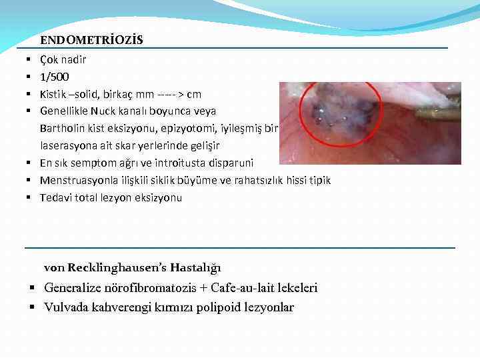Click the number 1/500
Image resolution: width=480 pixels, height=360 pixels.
click(54, 77)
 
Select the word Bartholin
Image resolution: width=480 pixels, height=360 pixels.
click(63, 128)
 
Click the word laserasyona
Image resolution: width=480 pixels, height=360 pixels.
click(69, 145)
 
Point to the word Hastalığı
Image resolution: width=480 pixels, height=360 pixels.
click(195, 268)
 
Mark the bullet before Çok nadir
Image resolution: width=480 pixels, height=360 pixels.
click(31, 60)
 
